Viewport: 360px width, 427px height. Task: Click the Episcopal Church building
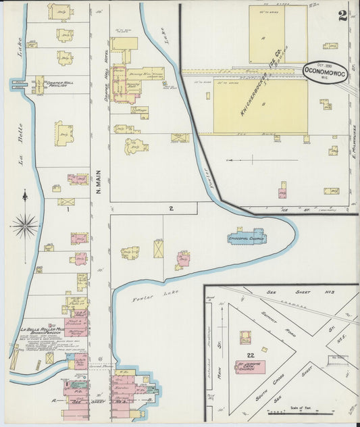coord(248,236)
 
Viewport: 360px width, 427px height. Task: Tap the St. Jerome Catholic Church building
coord(250,368)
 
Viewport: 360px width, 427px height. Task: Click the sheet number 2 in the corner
coord(342,16)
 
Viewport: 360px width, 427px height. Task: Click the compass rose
coord(24,225)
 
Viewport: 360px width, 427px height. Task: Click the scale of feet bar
coord(311,411)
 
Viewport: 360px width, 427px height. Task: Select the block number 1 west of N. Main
coord(68,209)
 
